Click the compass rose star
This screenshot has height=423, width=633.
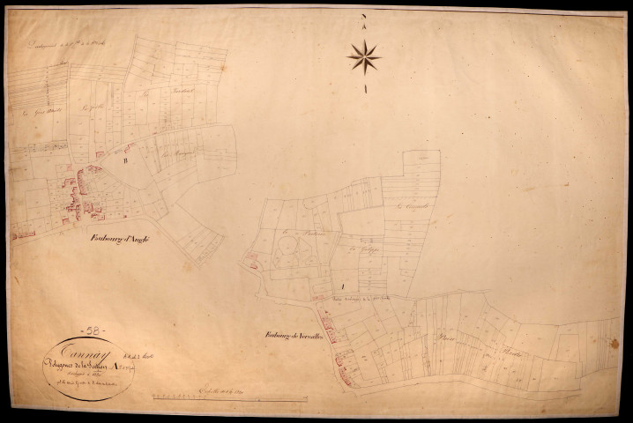363,57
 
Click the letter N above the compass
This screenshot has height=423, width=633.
363,17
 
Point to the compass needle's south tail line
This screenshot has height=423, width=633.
363,88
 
